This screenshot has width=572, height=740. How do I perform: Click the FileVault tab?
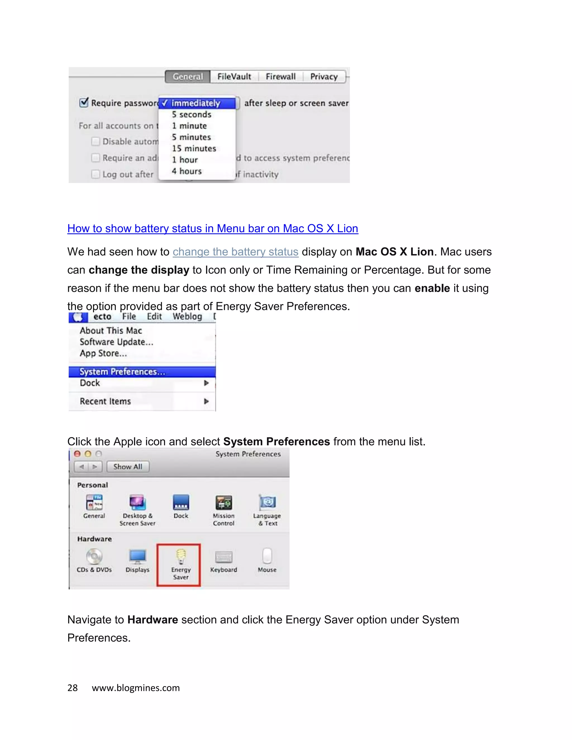tap(234, 77)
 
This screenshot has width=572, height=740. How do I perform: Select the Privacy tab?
tap(324, 77)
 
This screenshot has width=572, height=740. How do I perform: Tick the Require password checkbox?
tap(84, 102)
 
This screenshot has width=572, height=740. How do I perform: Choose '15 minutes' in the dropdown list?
tap(194, 148)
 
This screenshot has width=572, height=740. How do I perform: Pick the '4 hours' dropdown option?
tap(187, 171)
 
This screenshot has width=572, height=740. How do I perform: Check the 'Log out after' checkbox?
tap(96, 174)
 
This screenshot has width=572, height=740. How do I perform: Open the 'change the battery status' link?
tap(235, 252)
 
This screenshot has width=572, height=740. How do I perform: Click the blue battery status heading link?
tap(213, 228)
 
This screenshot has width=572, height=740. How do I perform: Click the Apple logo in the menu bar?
tap(78, 317)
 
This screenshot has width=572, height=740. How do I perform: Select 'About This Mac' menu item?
tap(111, 330)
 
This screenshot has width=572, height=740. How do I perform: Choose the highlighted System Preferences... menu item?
tap(122, 372)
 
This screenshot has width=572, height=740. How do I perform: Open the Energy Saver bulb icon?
tap(181, 556)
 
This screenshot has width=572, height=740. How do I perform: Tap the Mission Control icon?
tap(224, 502)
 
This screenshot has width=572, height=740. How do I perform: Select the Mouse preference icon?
tap(267, 556)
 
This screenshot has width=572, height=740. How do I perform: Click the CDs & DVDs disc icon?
tap(94, 556)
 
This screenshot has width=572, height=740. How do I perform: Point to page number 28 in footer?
tap(73, 688)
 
